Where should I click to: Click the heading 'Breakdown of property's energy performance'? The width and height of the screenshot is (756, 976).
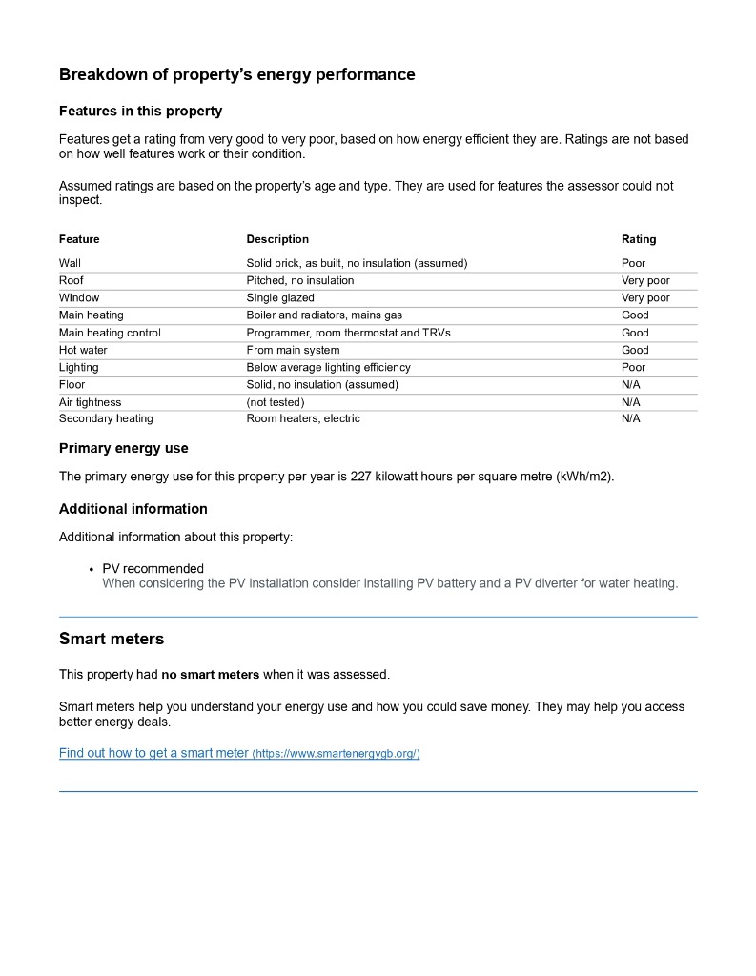(x=236, y=74)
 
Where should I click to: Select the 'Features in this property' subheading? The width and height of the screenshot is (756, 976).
(x=140, y=111)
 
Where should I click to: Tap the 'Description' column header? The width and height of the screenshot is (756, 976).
(x=277, y=239)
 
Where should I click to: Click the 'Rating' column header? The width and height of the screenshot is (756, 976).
(x=639, y=239)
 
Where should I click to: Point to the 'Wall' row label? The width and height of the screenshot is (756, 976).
(x=70, y=263)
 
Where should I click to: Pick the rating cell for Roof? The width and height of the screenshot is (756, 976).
(x=645, y=280)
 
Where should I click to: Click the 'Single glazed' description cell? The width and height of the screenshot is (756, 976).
(x=280, y=297)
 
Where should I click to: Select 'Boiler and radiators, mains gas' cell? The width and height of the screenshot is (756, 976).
(x=324, y=315)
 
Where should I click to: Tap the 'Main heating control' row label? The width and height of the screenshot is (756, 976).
(x=110, y=333)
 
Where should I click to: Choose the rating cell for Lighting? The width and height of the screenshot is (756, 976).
(x=633, y=367)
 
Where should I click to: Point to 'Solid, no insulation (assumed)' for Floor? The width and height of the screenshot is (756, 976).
(x=322, y=384)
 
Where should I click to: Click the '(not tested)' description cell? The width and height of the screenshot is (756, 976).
(x=275, y=402)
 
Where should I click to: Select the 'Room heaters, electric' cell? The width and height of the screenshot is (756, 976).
(x=303, y=418)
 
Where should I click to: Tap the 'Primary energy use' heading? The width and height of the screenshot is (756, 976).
(x=124, y=448)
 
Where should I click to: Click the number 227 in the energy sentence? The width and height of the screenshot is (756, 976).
(x=360, y=477)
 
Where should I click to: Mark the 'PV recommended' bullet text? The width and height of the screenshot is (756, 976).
(x=153, y=569)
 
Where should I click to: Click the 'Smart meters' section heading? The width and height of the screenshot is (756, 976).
(x=112, y=639)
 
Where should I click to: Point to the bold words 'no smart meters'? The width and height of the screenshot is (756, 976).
(x=210, y=675)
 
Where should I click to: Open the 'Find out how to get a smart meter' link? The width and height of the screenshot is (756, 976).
(x=153, y=753)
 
